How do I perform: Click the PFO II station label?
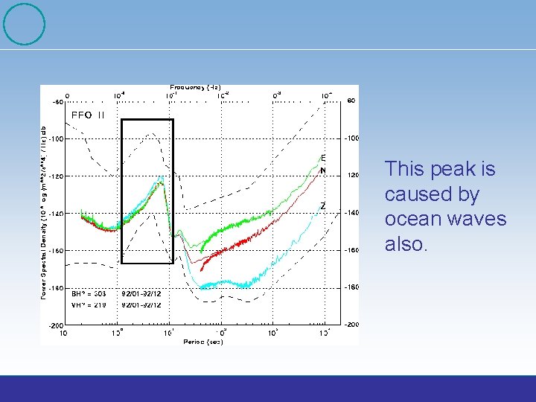point(88,115)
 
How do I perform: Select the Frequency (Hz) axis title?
point(195,88)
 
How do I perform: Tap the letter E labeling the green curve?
point(323,158)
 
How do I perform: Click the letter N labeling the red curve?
point(323,170)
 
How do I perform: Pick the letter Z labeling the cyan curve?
point(322,205)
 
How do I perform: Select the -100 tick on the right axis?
point(351,138)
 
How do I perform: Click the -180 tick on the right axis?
point(351,287)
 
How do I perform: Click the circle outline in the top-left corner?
point(25,24)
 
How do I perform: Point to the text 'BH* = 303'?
point(89,294)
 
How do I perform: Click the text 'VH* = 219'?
point(89,304)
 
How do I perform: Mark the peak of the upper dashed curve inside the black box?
point(152,134)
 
